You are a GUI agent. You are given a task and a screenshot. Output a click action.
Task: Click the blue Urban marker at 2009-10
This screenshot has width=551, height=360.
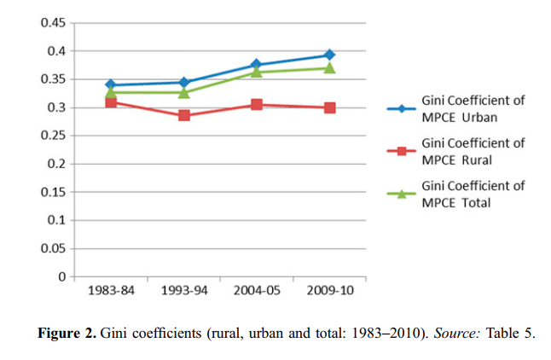[x=329, y=55]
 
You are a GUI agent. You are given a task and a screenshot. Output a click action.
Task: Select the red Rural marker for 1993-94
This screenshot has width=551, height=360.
[x=183, y=115]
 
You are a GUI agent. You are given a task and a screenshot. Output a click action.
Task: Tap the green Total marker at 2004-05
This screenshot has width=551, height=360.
[x=257, y=72]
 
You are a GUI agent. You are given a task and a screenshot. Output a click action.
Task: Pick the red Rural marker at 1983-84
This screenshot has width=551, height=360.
[x=111, y=102]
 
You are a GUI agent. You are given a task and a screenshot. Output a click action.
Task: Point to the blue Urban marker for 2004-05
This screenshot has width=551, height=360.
[x=257, y=65]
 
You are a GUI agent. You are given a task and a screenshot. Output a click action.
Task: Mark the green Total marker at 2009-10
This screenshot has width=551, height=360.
[x=329, y=67]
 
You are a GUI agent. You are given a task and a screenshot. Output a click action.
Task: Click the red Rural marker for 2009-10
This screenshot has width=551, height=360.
[x=329, y=107]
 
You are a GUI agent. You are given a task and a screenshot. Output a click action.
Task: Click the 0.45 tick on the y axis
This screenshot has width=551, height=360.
[x=53, y=23]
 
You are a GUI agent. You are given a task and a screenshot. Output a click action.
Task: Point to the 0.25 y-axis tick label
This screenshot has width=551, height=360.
[x=53, y=136]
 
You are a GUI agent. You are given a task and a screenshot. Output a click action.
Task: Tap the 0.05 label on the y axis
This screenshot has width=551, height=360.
[x=53, y=248]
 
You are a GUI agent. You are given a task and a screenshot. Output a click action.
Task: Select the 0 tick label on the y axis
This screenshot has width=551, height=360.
[x=62, y=276]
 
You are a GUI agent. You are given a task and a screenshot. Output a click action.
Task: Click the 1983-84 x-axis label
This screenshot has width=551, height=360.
[x=111, y=291]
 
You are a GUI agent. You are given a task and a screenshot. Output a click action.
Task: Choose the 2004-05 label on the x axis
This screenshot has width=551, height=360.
[x=257, y=291]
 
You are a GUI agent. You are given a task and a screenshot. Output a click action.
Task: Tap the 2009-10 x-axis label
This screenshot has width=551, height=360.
[x=329, y=291]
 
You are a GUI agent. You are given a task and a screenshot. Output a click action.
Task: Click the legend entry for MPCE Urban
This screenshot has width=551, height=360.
[x=473, y=108]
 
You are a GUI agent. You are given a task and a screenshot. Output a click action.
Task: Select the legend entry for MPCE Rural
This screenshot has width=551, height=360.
[x=473, y=151]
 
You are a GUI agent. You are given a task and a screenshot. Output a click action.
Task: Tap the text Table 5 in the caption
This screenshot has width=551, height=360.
[x=510, y=333]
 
